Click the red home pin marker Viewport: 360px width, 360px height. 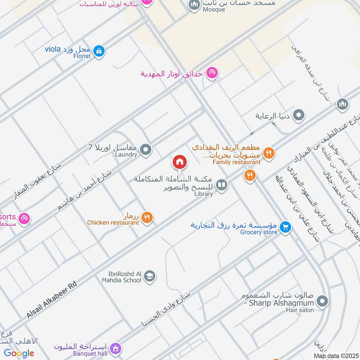(180, 162)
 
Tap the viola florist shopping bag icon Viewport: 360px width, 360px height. (99, 51)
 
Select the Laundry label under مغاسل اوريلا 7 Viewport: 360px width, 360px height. (126, 154)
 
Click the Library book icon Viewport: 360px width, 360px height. (221, 184)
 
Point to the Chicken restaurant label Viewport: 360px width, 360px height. (113, 222)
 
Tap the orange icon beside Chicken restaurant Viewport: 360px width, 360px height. (147, 218)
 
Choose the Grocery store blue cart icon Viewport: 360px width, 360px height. (284, 227)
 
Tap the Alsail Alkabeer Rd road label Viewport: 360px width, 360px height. (52, 301)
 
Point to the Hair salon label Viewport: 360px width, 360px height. (301, 310)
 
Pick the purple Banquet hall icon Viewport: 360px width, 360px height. (116, 348)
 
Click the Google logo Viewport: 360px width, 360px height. (19, 353)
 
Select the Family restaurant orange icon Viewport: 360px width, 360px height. (269, 153)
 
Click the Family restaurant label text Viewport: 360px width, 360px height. (237, 162)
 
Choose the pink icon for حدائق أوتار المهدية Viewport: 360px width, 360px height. (212, 72)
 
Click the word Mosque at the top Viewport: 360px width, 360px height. (214, 9)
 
